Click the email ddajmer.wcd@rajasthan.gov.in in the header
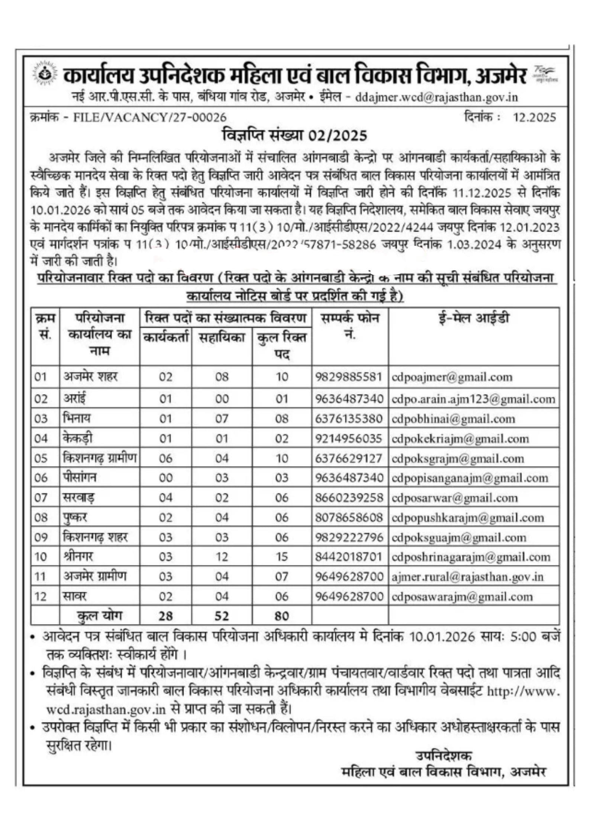tap(436, 97)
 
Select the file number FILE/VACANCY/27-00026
tap(149, 118)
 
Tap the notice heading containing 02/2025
tap(294, 135)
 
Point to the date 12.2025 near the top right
tap(534, 118)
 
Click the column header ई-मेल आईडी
tap(473, 318)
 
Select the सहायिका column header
tap(222, 337)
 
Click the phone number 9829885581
tap(349, 377)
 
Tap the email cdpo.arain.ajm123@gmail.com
tap(473, 399)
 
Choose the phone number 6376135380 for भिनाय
tap(349, 419)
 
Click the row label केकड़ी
tap(78, 439)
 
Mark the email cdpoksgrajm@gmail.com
tap(458, 459)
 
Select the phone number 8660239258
tap(349, 498)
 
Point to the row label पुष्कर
tap(75, 518)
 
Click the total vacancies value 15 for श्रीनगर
tap(282, 557)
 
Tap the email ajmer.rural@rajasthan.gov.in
tap(467, 577)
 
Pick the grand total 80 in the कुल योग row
tap(282, 616)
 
